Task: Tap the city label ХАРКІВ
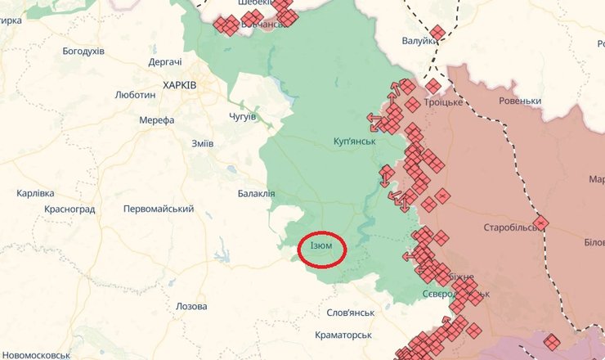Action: (179, 84)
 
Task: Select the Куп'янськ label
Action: (354, 142)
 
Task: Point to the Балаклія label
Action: (256, 194)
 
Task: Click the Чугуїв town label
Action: (242, 116)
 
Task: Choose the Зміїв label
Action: (202, 143)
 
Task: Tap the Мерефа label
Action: (157, 120)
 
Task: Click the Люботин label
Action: (136, 95)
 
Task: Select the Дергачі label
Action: (165, 62)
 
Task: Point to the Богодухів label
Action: (83, 51)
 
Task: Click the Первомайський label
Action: (159, 209)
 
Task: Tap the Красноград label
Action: (70, 209)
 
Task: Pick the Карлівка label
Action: (35, 193)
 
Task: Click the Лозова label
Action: (191, 306)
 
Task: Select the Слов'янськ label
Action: (350, 313)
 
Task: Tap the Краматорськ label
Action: (343, 335)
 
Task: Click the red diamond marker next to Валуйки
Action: (437, 33)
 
